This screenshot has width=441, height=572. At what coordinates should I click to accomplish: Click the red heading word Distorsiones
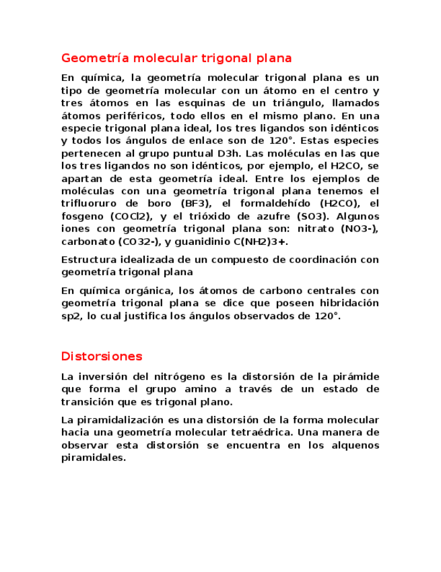point(102,355)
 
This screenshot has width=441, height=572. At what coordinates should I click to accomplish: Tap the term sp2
point(69,316)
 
